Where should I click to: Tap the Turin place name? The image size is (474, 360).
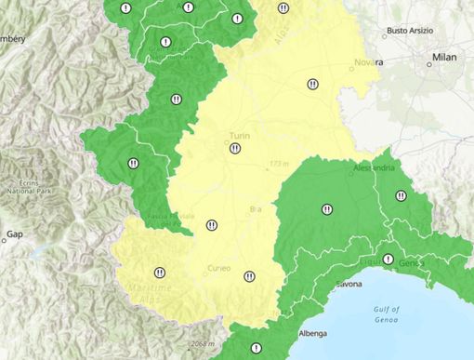coord(239,135)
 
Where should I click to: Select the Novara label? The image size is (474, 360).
coord(368,62)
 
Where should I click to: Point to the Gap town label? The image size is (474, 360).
coord(15,233)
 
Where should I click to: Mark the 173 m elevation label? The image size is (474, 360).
coord(278,165)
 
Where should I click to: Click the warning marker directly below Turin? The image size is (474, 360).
coord(235,148)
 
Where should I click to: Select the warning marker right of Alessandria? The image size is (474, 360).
coord(401,195)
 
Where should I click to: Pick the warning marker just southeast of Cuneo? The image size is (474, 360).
coord(249,275)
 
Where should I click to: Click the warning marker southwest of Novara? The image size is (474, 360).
coord(312,84)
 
